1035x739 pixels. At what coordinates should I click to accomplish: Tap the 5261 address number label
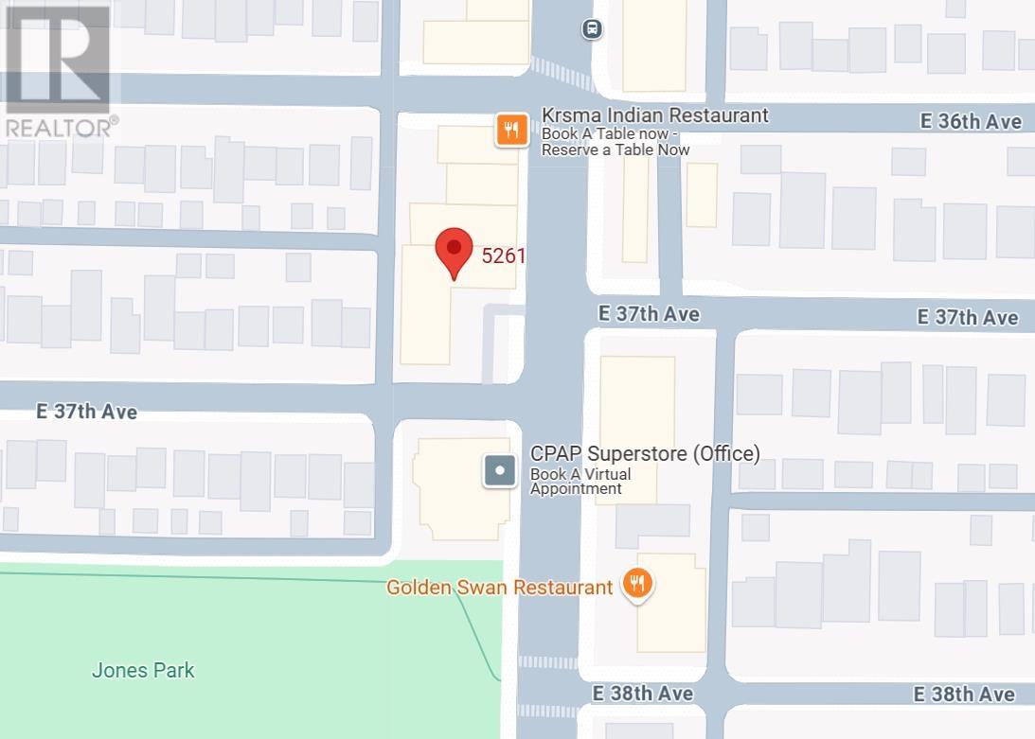click(x=503, y=255)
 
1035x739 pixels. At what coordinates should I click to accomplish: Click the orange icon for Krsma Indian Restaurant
click(x=512, y=131)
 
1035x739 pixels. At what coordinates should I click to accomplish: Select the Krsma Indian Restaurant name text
click(x=654, y=115)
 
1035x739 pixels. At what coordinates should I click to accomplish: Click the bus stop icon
click(x=592, y=28)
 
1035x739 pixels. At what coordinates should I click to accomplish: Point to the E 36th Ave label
click(x=971, y=122)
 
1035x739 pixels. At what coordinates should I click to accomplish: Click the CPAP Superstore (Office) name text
click(x=645, y=453)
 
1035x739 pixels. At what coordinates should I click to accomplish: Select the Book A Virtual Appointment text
click(x=580, y=482)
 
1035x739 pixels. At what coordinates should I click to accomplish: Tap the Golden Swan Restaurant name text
click(x=499, y=588)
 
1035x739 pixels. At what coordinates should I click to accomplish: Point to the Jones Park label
click(x=143, y=670)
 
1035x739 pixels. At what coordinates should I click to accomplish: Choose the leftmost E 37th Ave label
click(x=86, y=412)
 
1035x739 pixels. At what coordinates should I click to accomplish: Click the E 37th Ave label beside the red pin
click(x=649, y=313)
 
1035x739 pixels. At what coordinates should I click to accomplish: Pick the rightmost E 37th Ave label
click(x=967, y=317)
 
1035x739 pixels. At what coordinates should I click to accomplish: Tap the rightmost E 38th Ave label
click(x=964, y=695)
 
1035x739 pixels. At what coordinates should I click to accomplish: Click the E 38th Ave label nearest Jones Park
click(x=643, y=694)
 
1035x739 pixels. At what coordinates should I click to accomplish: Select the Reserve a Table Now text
click(x=616, y=150)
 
